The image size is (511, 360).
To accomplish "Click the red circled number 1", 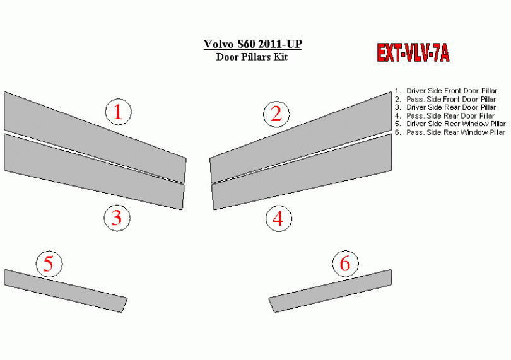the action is click(x=119, y=112).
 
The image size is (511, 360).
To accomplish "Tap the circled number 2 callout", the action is click(x=276, y=114).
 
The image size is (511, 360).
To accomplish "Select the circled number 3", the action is click(x=117, y=218).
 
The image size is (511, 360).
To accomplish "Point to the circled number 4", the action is click(x=279, y=219).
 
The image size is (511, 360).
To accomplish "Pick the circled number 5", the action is click(x=49, y=264).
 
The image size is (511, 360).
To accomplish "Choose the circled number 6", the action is click(x=346, y=264).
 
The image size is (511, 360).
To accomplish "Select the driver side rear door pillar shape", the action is click(x=94, y=171).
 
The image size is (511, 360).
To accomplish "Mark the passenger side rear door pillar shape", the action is click(x=302, y=171).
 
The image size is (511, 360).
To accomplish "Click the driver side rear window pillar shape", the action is click(x=65, y=291).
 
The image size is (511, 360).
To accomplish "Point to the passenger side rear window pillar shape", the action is click(x=330, y=291).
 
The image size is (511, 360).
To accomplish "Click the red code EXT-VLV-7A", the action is click(x=413, y=53).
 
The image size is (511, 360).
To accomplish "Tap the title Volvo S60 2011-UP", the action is click(x=252, y=44).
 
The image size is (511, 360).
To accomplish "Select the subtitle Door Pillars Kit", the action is click(x=252, y=57).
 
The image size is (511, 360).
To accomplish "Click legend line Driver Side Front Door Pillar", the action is click(x=446, y=91).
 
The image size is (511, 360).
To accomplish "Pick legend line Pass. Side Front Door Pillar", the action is click(x=445, y=100).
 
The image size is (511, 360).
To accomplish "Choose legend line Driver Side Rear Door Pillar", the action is click(x=445, y=108).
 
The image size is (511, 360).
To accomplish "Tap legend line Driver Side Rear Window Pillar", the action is click(x=450, y=124).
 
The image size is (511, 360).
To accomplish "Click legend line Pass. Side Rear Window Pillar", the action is click(x=450, y=132).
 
